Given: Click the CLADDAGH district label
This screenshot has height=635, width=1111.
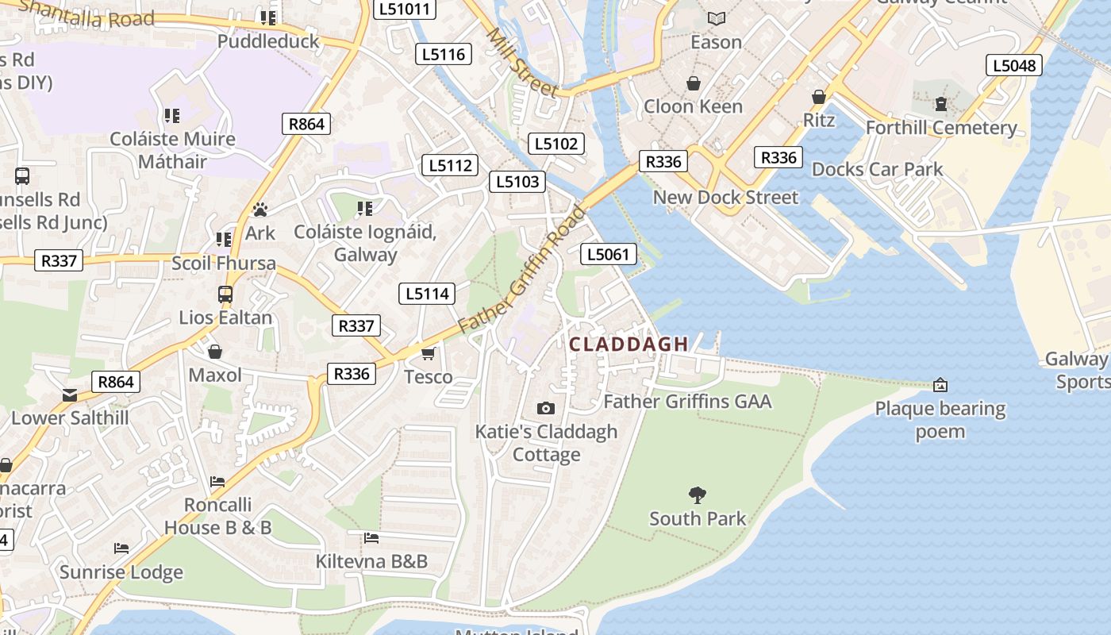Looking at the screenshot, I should point(629,344).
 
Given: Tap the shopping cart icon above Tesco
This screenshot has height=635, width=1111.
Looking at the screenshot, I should point(429,353).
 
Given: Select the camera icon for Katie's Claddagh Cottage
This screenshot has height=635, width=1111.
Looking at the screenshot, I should point(546,408).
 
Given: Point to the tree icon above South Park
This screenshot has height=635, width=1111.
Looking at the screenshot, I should point(698,495).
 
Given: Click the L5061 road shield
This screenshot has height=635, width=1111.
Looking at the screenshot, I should point(609,254).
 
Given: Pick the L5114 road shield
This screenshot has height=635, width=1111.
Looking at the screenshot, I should point(427,294).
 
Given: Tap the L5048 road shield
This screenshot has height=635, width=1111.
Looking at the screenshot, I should point(1014,65).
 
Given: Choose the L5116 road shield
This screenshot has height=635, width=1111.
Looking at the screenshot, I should point(444,54).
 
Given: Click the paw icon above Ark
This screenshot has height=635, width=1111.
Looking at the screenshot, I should point(259,210).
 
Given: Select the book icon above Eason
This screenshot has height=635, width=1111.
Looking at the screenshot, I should point(717,18).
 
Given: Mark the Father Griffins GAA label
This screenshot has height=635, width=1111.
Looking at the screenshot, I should point(687,402).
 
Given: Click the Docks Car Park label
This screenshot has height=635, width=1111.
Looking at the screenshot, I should point(877,169).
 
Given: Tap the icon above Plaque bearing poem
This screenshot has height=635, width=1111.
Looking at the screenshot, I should point(940,385).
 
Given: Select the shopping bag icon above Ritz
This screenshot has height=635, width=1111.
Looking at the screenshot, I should point(819,97).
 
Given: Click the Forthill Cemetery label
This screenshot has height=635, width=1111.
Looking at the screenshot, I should point(941,128).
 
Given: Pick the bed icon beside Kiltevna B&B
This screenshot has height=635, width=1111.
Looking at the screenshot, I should point(371,538).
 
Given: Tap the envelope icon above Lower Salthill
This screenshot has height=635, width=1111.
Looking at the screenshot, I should point(70,394).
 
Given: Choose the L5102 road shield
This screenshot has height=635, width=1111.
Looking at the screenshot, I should point(556,144).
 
